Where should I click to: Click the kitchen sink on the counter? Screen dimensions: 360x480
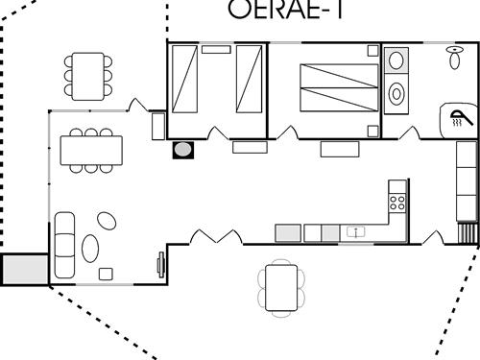tap(356, 231)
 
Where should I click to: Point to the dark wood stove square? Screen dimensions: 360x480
tap(182, 150)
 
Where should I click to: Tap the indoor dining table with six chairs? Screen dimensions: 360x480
tap(91, 150)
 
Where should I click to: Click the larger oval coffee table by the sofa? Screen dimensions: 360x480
tap(91, 248)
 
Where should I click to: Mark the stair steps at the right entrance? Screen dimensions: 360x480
tap(468, 234)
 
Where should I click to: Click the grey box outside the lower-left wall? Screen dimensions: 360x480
tap(23, 269)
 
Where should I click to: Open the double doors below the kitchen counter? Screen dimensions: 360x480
tap(215, 235)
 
